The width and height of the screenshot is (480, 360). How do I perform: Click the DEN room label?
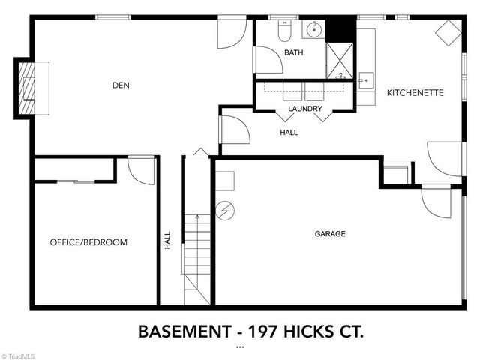(121, 85)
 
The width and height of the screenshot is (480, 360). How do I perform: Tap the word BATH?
(293, 52)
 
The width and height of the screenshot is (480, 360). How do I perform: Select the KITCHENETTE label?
(415, 93)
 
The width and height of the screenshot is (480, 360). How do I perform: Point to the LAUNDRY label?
(305, 109)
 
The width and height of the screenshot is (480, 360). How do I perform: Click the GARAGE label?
(330, 234)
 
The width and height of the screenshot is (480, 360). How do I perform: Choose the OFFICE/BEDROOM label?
(88, 242)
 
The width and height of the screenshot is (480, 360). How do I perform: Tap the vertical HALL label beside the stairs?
(168, 241)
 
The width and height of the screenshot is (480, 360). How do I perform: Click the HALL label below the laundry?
(289, 133)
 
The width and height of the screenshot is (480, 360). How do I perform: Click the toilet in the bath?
(284, 31)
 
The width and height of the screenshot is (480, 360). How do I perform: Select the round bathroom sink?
(313, 30)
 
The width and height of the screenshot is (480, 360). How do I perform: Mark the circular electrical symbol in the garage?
(223, 210)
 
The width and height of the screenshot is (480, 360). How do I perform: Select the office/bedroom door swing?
(141, 170)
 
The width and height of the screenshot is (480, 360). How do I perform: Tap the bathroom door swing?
(267, 61)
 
